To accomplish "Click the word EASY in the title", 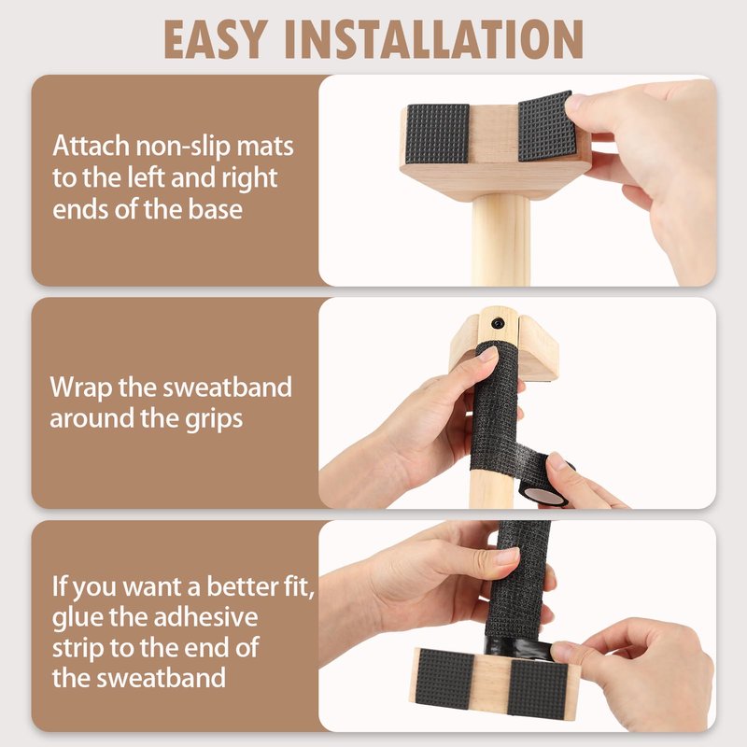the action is [215, 39].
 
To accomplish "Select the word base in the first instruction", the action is [215, 209].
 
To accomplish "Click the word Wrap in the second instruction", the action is [80, 388].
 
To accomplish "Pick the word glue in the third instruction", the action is [78, 618].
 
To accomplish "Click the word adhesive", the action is [206, 617].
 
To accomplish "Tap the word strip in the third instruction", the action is [77, 649].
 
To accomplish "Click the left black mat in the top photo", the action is [437, 133].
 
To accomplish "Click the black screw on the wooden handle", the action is [498, 323].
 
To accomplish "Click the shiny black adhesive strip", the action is [518, 648].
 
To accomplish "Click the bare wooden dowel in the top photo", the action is [501, 241].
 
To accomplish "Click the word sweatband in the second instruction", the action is [228, 388].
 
